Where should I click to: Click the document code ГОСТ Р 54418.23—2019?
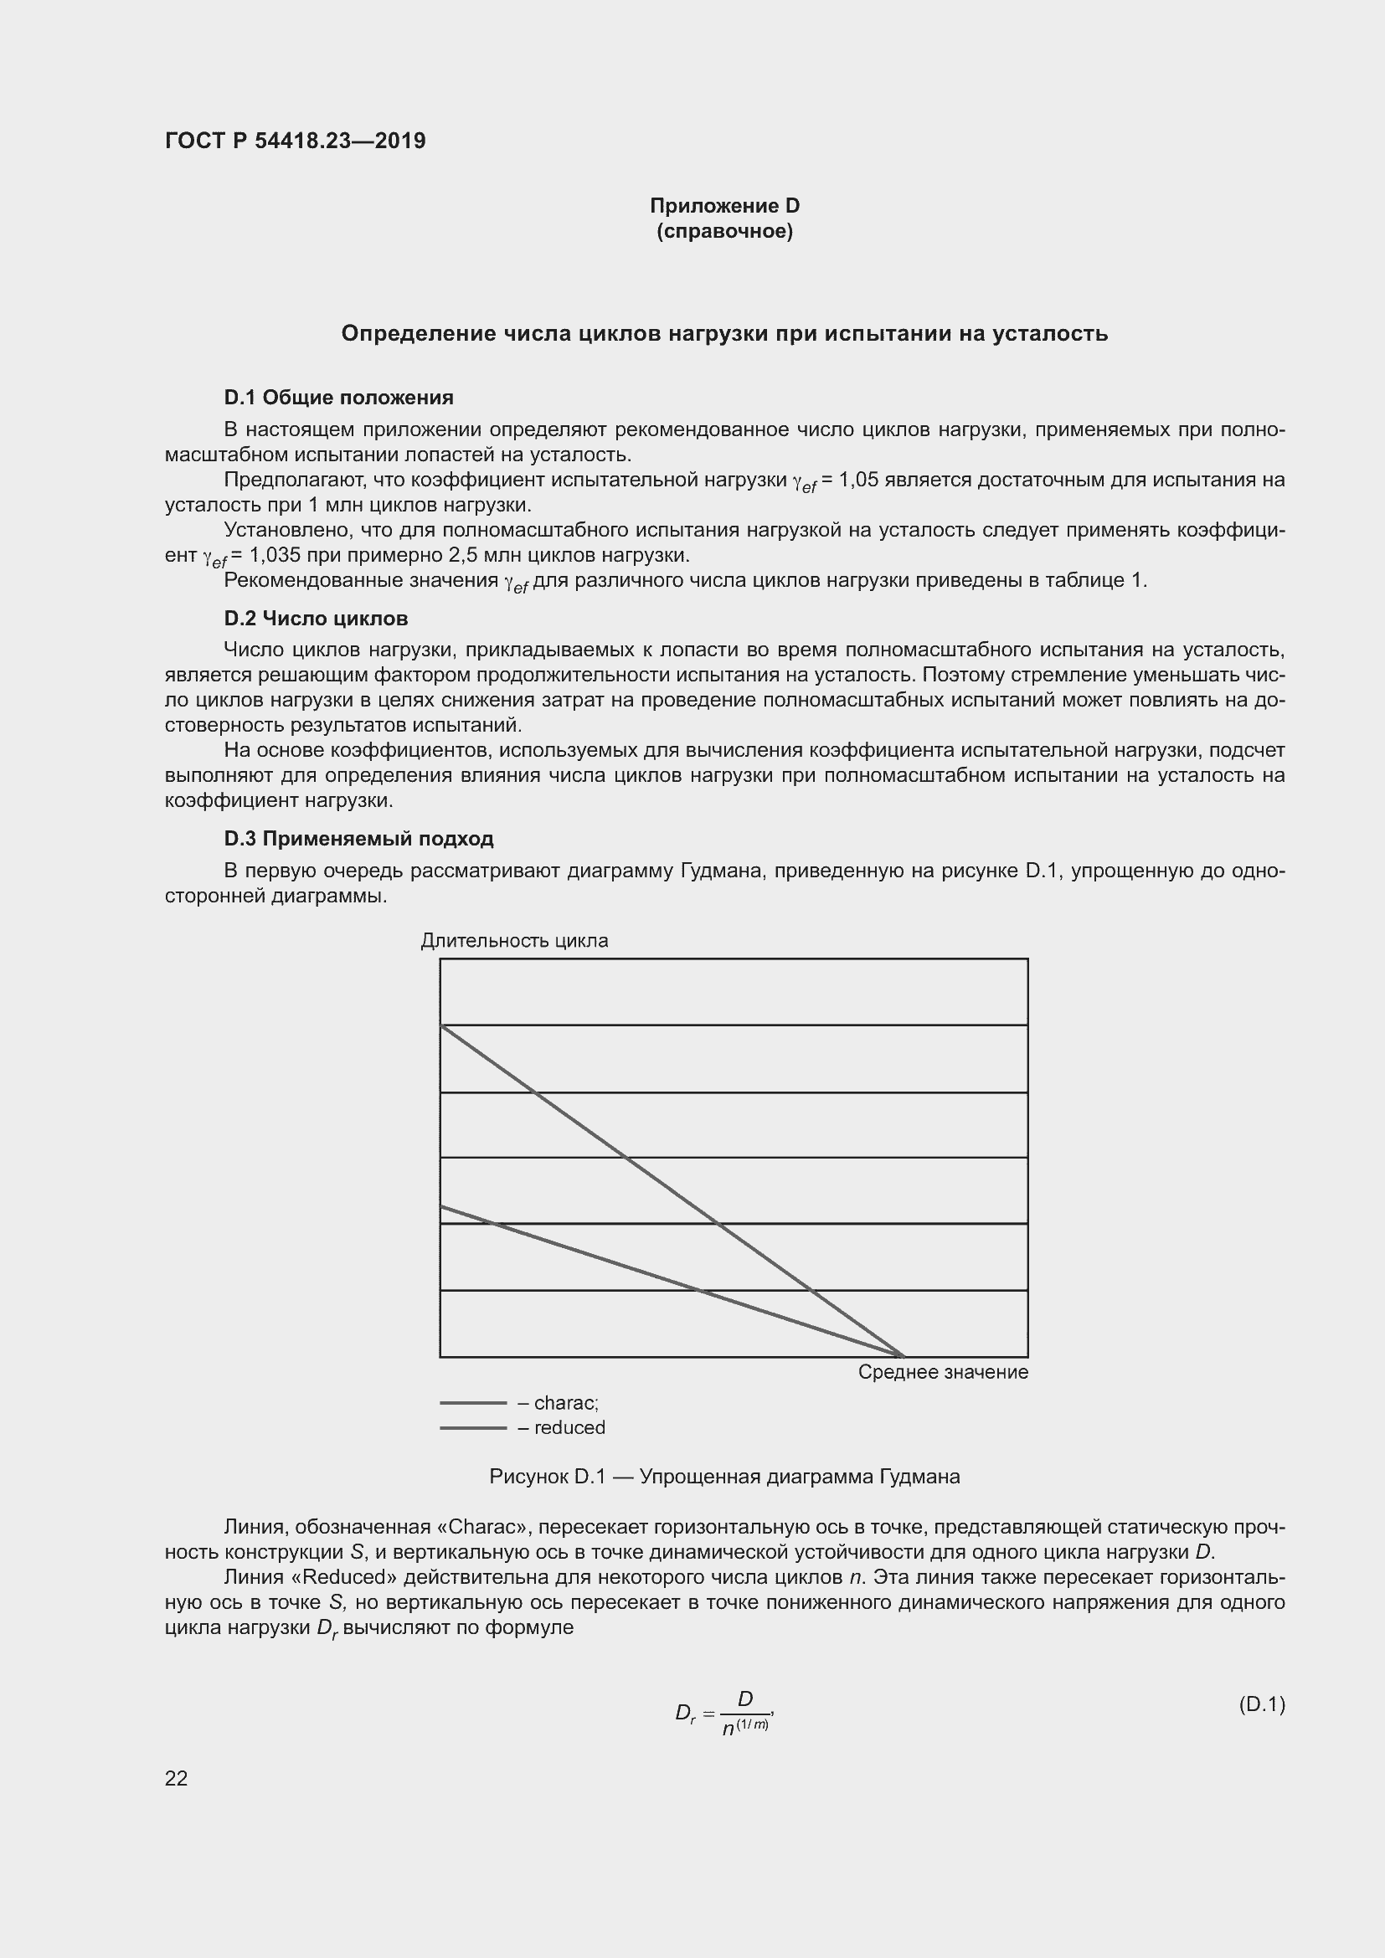point(295,141)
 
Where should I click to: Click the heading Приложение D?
point(724,206)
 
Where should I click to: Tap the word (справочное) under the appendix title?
point(724,231)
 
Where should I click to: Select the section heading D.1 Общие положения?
point(338,398)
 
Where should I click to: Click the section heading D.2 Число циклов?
point(316,619)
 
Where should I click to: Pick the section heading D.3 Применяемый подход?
point(358,838)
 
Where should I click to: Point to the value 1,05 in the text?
point(858,481)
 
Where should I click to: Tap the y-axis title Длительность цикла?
point(514,941)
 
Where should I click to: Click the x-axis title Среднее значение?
point(942,1372)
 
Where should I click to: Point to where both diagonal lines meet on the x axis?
point(904,1356)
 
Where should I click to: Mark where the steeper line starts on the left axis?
point(442,1025)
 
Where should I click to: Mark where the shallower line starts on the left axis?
point(442,1207)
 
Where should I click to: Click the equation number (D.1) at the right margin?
point(1260,1704)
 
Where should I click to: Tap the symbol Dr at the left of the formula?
point(686,1714)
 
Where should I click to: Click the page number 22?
point(176,1778)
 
